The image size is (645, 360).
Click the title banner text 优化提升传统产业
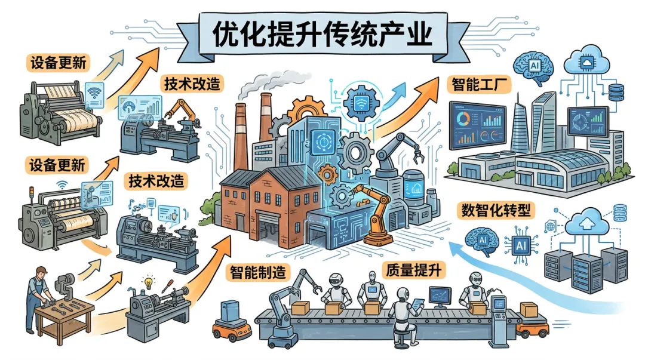[x=322, y=33]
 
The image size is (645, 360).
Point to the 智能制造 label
[x=258, y=273]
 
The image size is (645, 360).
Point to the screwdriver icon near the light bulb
[x=168, y=284]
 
